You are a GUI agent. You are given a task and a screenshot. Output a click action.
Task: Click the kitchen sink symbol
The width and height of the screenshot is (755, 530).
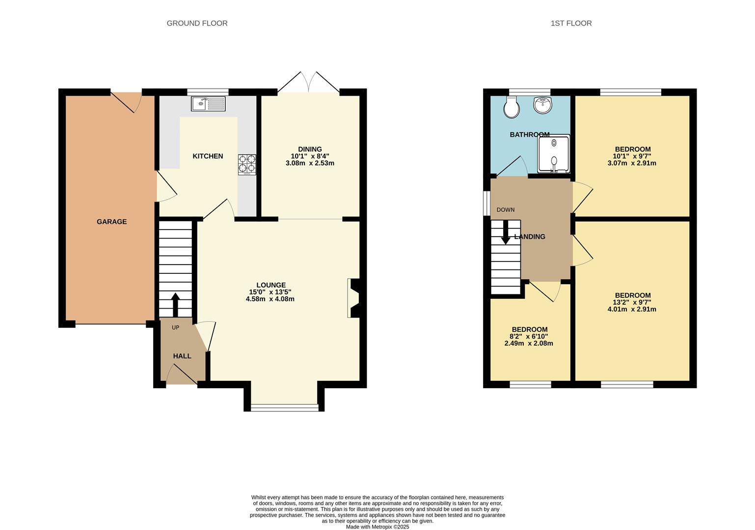point(208,104)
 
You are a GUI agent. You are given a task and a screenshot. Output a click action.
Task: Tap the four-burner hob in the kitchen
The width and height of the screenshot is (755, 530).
point(247,164)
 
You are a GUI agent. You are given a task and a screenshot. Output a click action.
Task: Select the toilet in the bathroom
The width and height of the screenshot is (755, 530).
point(512,106)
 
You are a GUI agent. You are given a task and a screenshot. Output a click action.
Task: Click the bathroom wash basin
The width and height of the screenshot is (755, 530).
point(543,105)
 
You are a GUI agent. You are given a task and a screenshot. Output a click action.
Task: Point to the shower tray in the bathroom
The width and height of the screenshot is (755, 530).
point(554,154)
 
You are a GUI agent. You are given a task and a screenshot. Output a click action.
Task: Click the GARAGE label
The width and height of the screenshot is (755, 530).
point(111,222)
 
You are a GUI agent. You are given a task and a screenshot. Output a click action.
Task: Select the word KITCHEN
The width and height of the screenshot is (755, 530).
point(208,156)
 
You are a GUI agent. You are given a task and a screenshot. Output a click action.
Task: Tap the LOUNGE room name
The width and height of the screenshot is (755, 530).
point(270,285)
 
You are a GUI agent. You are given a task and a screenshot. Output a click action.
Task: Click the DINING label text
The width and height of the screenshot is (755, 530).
point(310,149)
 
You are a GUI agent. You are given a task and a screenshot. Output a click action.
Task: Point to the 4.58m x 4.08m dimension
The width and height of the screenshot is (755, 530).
point(270,299)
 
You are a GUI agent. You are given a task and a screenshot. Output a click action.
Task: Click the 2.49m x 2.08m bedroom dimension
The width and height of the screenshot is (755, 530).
point(529,344)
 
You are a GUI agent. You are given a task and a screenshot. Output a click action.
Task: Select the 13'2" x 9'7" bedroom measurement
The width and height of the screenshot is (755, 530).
point(632,302)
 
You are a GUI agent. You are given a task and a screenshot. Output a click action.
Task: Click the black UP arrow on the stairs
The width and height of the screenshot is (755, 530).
point(175,304)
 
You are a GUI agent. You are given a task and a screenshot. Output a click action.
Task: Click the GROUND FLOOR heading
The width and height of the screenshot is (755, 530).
point(197,23)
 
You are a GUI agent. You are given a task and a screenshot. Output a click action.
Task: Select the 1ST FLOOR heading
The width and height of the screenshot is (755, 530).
point(571,23)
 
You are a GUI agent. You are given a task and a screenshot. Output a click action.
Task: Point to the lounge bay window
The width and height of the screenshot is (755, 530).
point(284,406)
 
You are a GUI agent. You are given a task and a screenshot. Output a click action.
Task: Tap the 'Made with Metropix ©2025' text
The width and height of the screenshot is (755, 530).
point(377,527)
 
